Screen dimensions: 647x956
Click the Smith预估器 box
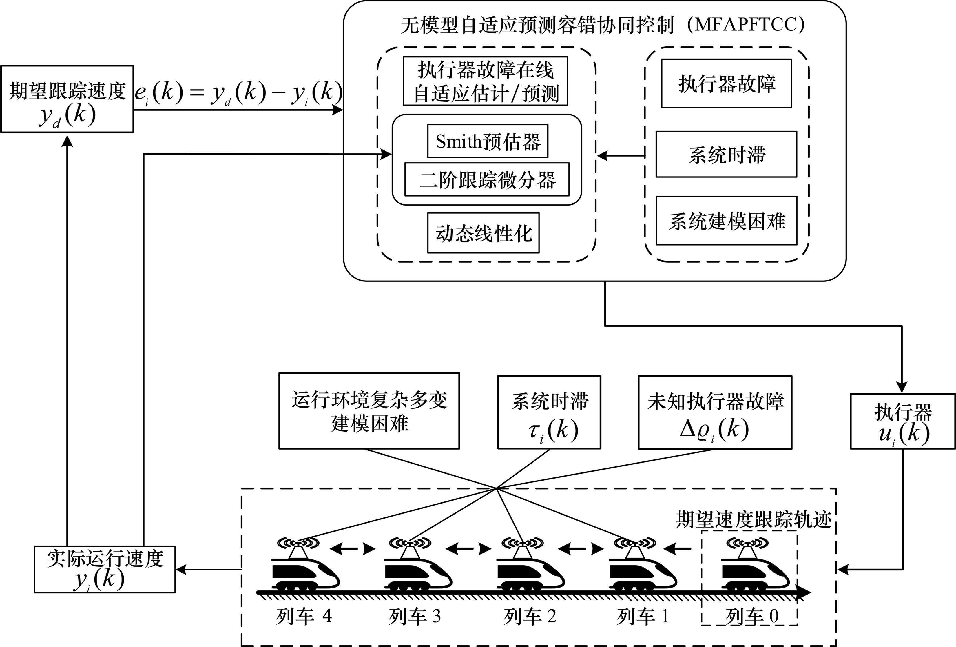click(488, 141)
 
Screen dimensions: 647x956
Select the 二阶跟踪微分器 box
click(487, 179)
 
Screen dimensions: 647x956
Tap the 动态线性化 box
click(483, 233)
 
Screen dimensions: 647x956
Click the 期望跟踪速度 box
click(67, 99)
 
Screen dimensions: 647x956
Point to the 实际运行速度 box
click(105, 569)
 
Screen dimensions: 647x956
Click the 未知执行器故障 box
click(715, 412)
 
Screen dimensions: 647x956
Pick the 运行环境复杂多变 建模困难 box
click(369, 411)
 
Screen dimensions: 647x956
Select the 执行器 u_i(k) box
click(903, 421)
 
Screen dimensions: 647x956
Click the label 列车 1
click(643, 616)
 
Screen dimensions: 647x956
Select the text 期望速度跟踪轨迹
click(754, 520)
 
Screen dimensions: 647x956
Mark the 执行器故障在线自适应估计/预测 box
click(486, 81)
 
